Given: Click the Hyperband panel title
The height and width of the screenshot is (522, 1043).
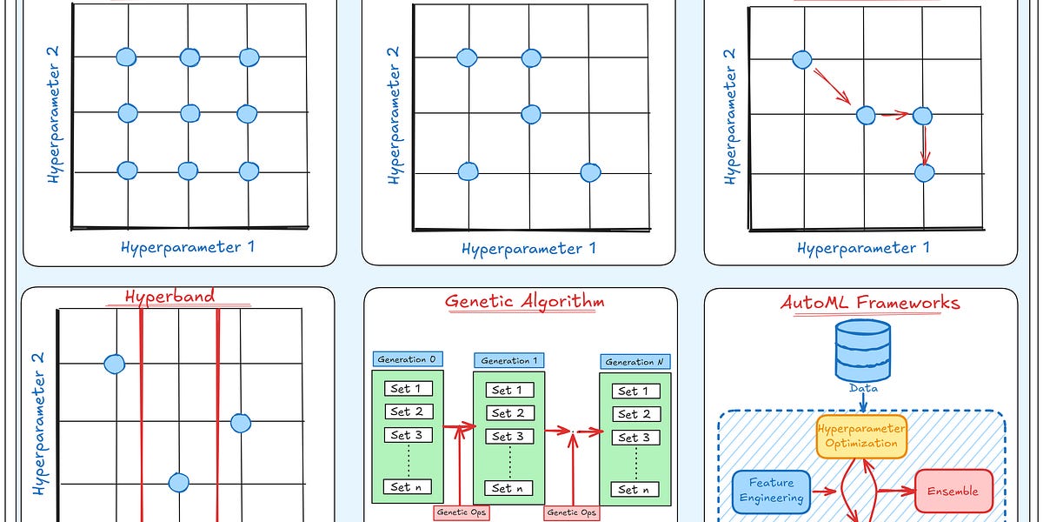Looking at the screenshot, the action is coord(169,296).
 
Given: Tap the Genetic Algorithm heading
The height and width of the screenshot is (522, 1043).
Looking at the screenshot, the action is coord(524,302).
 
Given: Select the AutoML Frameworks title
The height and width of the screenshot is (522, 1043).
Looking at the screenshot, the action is coord(870,303).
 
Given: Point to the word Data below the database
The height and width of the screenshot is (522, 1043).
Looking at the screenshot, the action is coord(863,388).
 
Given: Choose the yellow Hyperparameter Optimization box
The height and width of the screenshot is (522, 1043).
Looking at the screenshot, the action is coord(861,436).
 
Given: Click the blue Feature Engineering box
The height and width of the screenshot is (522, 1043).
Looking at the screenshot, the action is coord(769,492).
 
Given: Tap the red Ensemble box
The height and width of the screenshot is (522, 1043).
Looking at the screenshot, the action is coord(953,492).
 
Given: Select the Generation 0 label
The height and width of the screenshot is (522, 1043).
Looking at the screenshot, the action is coord(408,359).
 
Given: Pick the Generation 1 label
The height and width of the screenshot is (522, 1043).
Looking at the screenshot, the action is coord(510,360).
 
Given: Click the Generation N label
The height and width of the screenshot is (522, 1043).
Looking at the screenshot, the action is coord(634,361).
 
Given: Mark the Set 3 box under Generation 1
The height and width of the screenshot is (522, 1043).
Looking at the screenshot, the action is coord(508,437).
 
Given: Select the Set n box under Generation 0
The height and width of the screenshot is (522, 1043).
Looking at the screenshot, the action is coord(407,487).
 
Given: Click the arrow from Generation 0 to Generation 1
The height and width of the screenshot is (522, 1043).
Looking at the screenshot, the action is coord(459,426).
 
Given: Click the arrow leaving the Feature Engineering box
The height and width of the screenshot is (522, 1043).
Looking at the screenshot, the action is coord(822,493).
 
